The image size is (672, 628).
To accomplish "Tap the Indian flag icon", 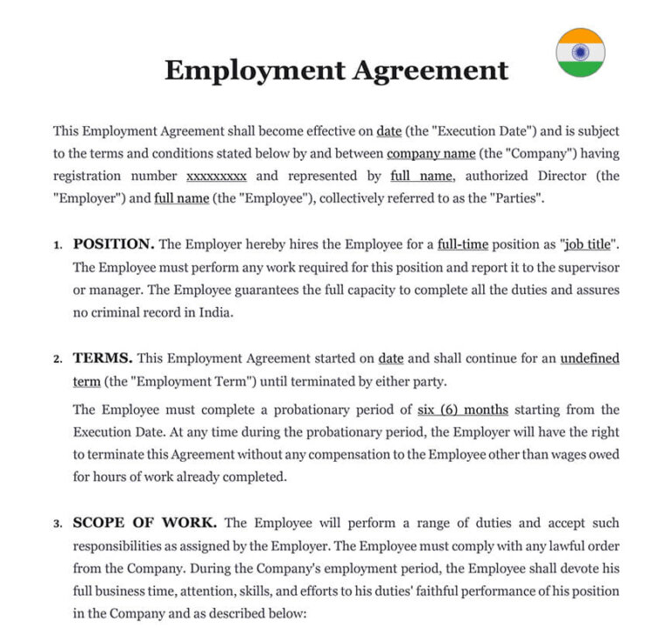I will click(580, 52).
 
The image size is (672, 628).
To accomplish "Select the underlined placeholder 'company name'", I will click(431, 153).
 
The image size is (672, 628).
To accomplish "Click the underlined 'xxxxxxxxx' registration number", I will click(217, 176).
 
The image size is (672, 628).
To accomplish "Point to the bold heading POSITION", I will click(114, 243).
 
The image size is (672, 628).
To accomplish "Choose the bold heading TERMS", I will click(102, 359).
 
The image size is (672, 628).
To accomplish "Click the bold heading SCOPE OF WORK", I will click(144, 523).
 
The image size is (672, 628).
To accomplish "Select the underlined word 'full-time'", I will click(464, 244).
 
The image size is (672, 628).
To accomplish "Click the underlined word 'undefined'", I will click(590, 359).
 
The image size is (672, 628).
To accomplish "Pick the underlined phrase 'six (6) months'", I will click(463, 409).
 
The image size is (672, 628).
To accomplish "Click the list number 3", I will click(57, 524).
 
